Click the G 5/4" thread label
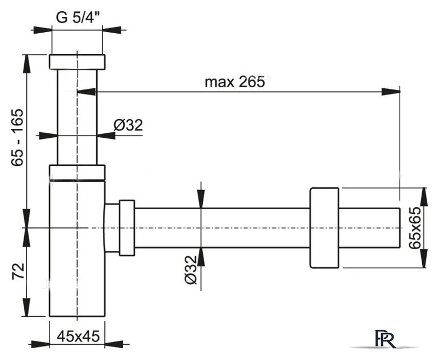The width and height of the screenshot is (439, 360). coord(78,17)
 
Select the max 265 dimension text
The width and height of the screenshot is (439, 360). coord(234,82)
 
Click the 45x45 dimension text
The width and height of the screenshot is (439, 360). coord(78,336)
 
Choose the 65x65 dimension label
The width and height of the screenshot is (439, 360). coord(415,227)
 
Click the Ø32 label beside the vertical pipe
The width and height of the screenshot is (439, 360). coord(128,125)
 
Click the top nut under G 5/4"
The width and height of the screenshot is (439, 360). coord(77,62)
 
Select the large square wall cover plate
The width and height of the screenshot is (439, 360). coord(324,228)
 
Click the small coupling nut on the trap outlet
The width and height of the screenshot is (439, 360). coord(127,228)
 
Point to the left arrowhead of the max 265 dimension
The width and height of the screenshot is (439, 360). coord(86,91)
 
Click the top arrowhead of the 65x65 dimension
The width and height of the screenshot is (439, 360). coord(424,197)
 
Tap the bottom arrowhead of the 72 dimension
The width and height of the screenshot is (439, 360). coord(26,307)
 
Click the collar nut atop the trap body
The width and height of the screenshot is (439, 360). coord(77,173)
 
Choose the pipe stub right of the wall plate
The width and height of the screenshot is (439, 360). coord(369,228)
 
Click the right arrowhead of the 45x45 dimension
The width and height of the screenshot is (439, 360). coord(114,344)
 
